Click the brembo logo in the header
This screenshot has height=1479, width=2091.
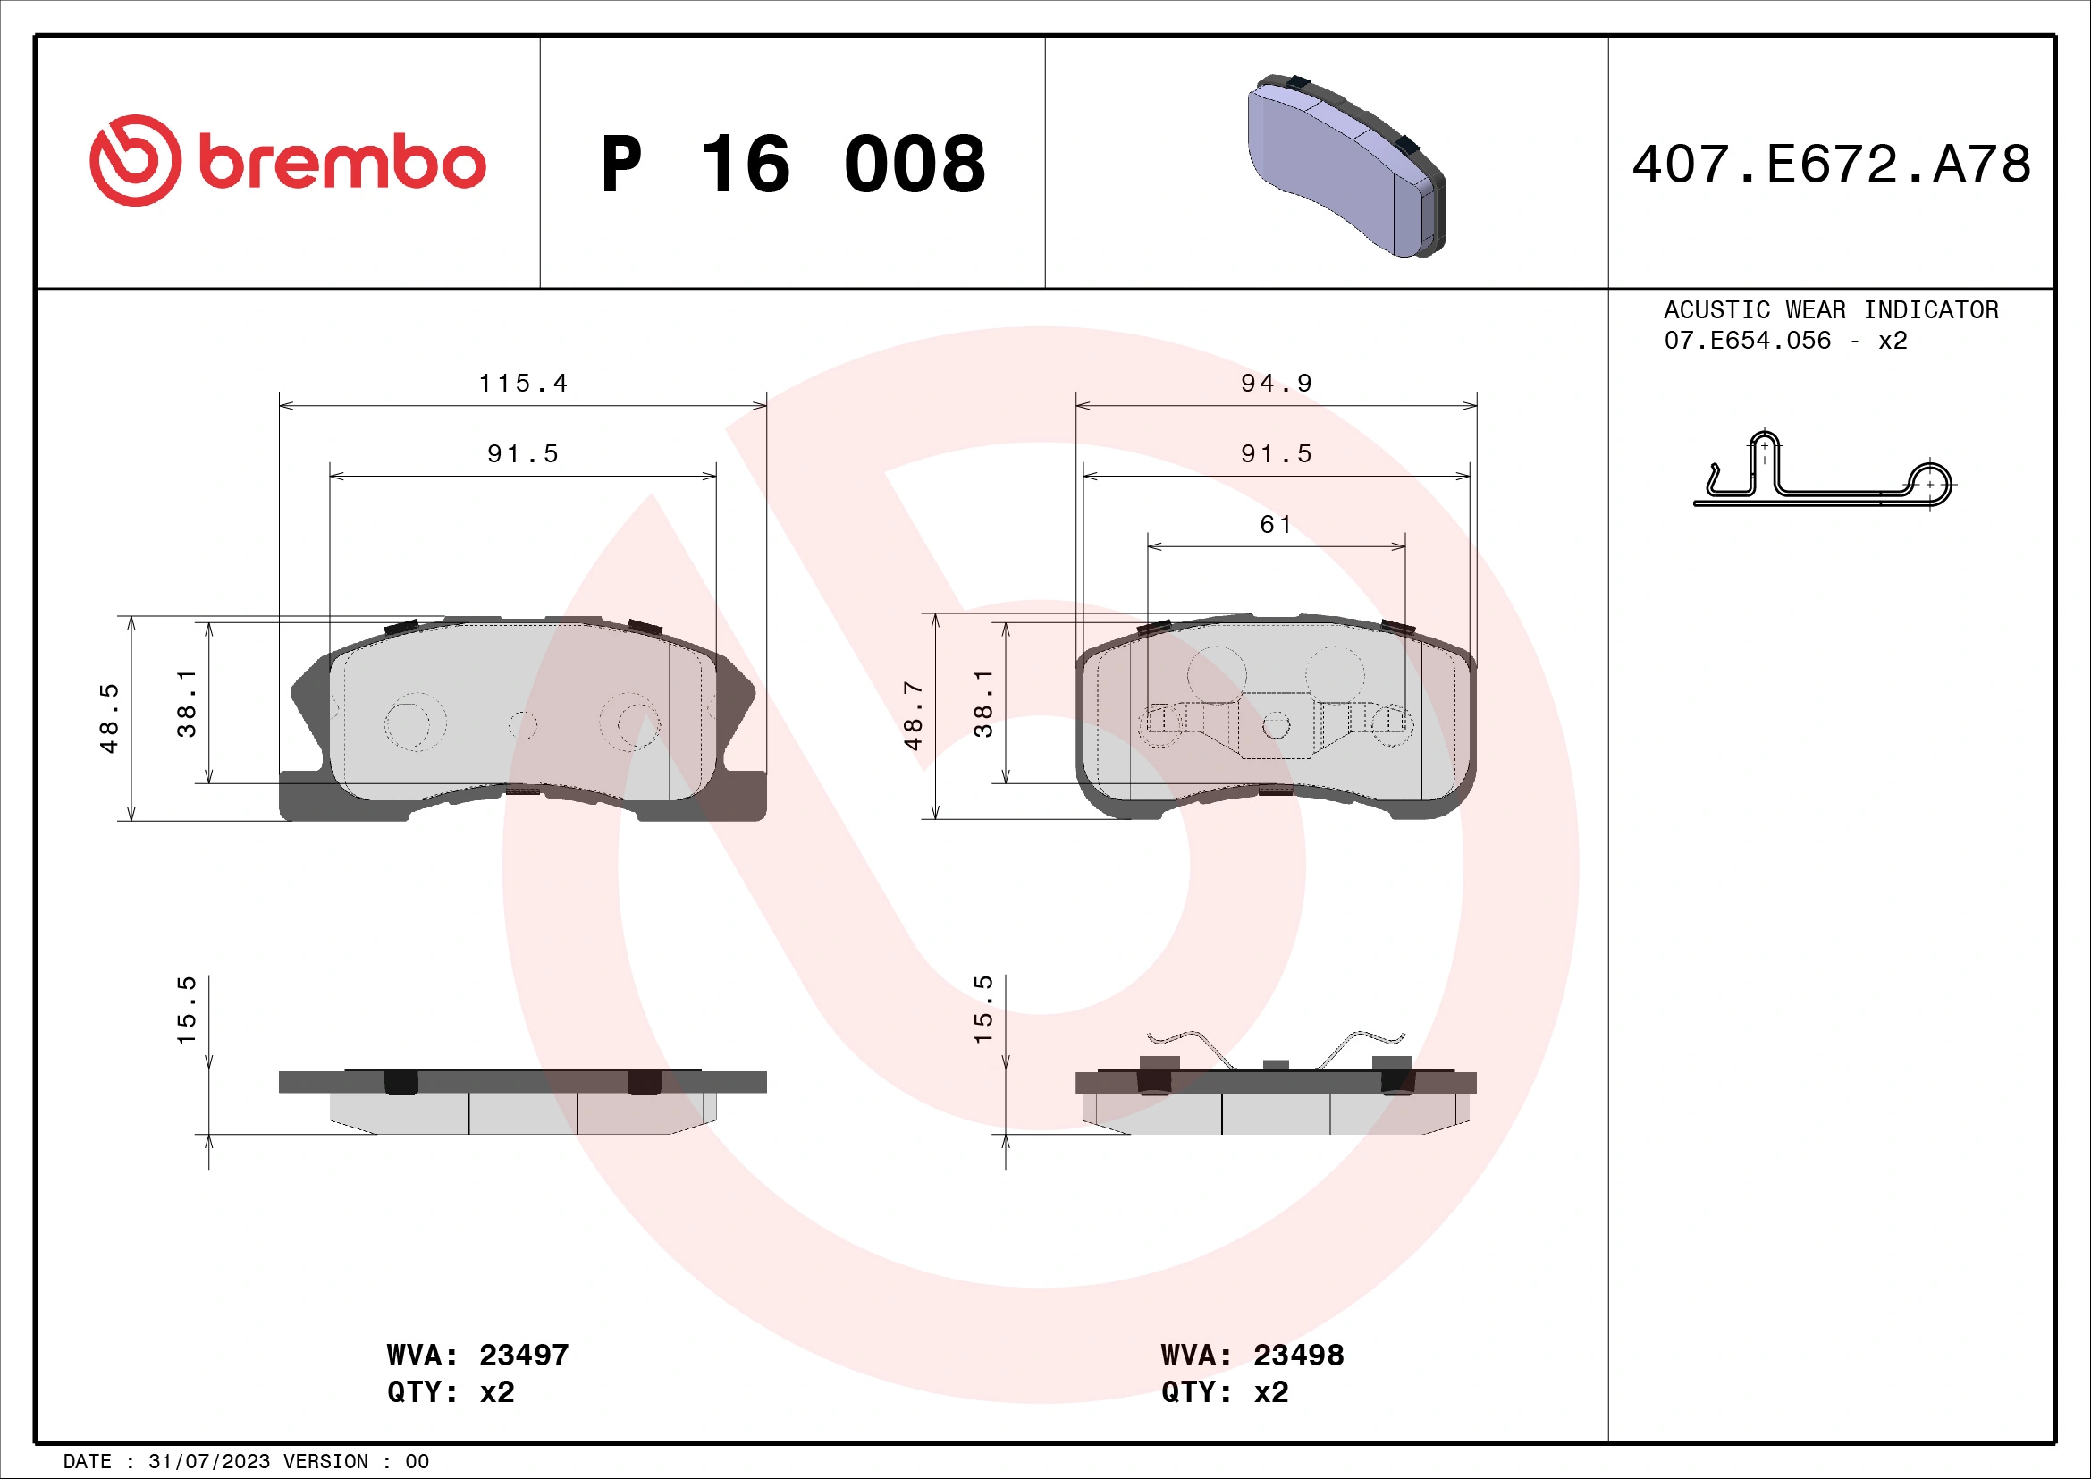point(288,161)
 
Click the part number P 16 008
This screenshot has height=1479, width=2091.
point(792,165)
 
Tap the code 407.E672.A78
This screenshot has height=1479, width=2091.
point(1831,165)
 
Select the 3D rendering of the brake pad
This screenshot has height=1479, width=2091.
point(1345,166)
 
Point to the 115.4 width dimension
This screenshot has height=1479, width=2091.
point(523,384)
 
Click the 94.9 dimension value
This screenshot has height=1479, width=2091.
point(1276,384)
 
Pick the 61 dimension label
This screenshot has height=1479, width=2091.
point(1275,525)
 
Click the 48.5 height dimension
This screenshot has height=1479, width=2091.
point(109,718)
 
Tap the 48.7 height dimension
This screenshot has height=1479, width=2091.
point(914,716)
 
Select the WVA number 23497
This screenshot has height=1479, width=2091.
point(524,1355)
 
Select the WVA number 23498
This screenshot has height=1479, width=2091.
point(1298,1355)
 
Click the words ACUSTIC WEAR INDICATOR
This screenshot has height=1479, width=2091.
point(1831,310)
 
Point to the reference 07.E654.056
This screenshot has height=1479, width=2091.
point(1747,341)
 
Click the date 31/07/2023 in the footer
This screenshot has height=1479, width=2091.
point(208,1462)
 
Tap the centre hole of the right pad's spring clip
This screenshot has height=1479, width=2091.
point(1276,726)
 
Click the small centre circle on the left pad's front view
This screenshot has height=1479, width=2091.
point(523,726)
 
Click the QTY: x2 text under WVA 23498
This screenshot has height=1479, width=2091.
point(1224,1392)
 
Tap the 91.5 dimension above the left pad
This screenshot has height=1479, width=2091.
point(523,453)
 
